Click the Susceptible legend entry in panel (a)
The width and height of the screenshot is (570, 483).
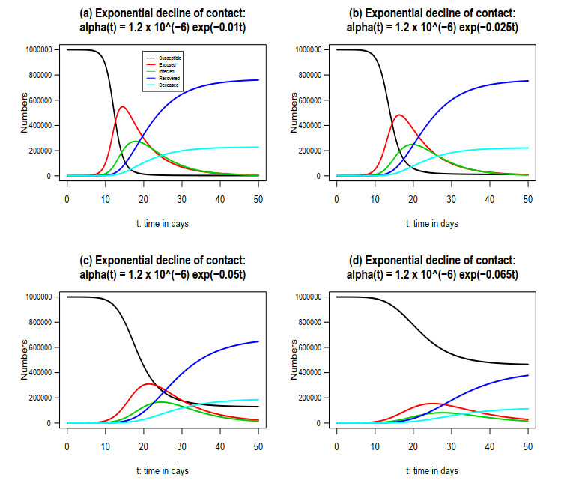pos(172,57)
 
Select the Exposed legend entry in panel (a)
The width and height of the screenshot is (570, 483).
pos(169,64)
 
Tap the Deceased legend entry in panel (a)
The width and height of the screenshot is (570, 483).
pos(170,85)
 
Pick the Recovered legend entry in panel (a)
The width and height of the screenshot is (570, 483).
pos(170,78)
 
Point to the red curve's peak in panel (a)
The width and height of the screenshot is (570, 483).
pos(121,106)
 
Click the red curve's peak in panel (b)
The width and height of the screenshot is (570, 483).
pos(398,115)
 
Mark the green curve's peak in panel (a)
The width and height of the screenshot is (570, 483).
pos(136,141)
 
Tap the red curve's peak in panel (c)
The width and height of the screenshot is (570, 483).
pos(148,383)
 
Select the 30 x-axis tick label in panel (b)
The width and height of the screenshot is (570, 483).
pos(451,200)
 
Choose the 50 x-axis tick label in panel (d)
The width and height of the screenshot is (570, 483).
pos(527,447)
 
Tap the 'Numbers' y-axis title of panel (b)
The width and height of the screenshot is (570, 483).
pos(295,112)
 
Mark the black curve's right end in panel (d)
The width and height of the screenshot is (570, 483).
pos(528,365)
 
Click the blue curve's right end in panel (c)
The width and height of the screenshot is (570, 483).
pos(258,341)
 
